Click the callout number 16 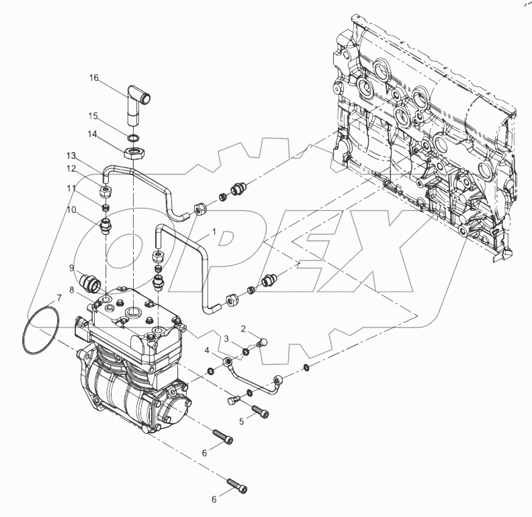click(x=93, y=78)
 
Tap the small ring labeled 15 click(x=134, y=138)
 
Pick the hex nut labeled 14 click(x=134, y=153)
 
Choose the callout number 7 click(x=59, y=298)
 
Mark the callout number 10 click(x=71, y=210)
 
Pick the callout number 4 click(x=207, y=350)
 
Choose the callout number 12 click(x=71, y=168)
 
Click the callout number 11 click(x=71, y=188)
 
